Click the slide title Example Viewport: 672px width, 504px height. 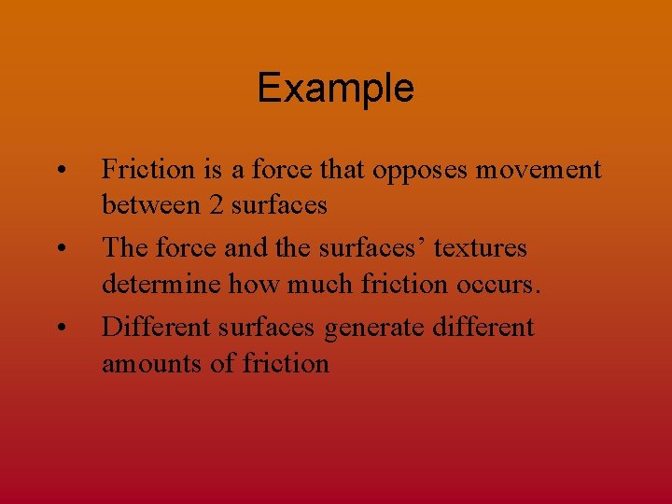coord(335,89)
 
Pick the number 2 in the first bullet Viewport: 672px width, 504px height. coord(216,204)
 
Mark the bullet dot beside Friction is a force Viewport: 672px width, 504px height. coord(60,171)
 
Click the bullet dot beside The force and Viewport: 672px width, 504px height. coord(60,249)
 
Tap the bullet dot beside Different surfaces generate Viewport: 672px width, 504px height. coord(60,328)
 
